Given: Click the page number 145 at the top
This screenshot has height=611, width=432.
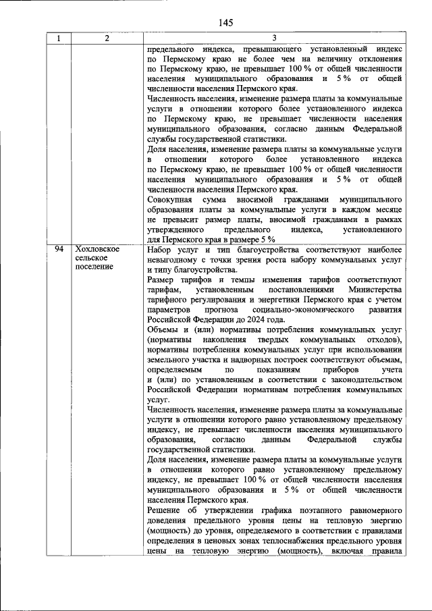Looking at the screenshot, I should point(225,23).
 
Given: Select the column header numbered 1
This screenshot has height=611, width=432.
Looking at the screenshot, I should point(59,39).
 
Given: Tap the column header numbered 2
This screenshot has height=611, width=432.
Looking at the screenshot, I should point(107,39).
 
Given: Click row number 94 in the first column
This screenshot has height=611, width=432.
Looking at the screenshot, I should point(59,250).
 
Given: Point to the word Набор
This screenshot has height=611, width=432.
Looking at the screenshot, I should point(160,250).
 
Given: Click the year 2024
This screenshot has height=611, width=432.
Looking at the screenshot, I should point(258,319).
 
